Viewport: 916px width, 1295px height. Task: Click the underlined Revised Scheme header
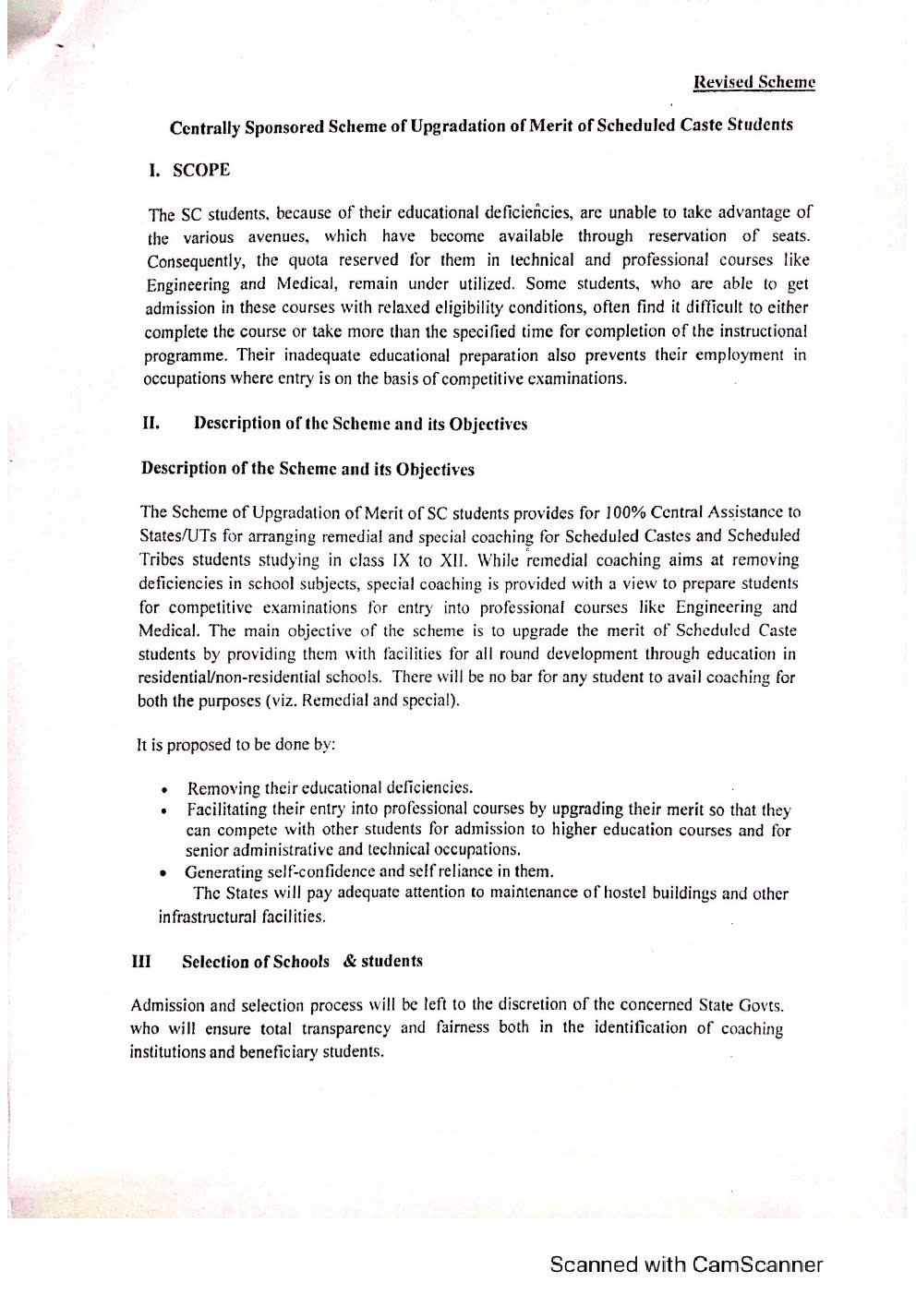click(754, 82)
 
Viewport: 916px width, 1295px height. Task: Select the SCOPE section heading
click(201, 170)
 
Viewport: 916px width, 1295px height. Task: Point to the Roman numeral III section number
click(141, 961)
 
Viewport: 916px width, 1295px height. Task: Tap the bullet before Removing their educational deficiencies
click(163, 791)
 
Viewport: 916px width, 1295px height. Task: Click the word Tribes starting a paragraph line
click(162, 559)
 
